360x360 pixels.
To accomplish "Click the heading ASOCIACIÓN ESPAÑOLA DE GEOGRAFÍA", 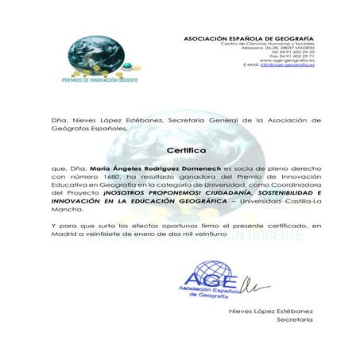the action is (249, 38).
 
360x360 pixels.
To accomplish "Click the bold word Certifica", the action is (186, 149).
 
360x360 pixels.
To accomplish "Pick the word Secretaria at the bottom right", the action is (295, 319).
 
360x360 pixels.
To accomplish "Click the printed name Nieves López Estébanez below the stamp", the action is (272, 311).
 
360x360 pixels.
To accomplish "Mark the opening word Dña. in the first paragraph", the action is (57, 120).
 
